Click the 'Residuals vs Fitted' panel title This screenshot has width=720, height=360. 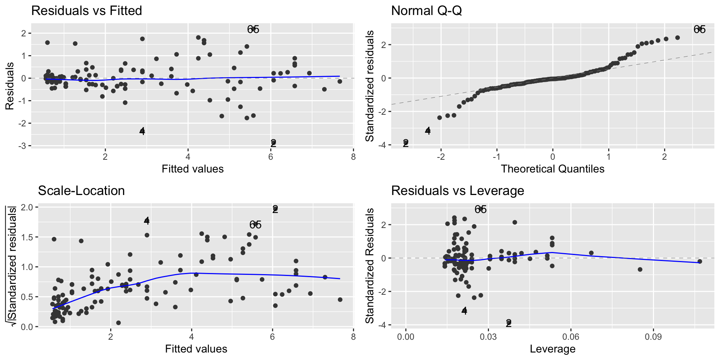coord(87,10)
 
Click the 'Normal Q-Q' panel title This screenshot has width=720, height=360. coord(426,10)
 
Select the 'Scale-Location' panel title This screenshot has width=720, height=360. coord(81,190)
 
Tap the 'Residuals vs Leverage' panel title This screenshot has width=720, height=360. coord(457,190)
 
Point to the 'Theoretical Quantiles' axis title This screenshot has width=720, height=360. coord(552,169)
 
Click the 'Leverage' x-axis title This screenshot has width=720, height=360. coord(552,349)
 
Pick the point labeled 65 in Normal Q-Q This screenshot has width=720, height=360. coord(699,29)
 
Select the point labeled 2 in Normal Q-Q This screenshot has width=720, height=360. coord(405,143)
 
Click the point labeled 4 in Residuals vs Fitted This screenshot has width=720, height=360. coord(142,131)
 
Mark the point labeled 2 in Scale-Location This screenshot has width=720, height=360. coord(275,209)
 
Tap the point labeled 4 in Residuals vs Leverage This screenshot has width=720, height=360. coord(464,310)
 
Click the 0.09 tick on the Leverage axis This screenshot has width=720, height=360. coord(653,336)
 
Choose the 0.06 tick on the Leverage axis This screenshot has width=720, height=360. coord(571,336)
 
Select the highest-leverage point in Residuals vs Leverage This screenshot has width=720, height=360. coord(699,261)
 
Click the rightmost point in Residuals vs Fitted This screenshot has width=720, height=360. coord(340,81)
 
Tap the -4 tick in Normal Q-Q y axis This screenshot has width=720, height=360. coord(383,145)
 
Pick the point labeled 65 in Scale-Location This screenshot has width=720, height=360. coord(255,225)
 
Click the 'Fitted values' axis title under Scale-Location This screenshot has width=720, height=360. coord(196,349)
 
